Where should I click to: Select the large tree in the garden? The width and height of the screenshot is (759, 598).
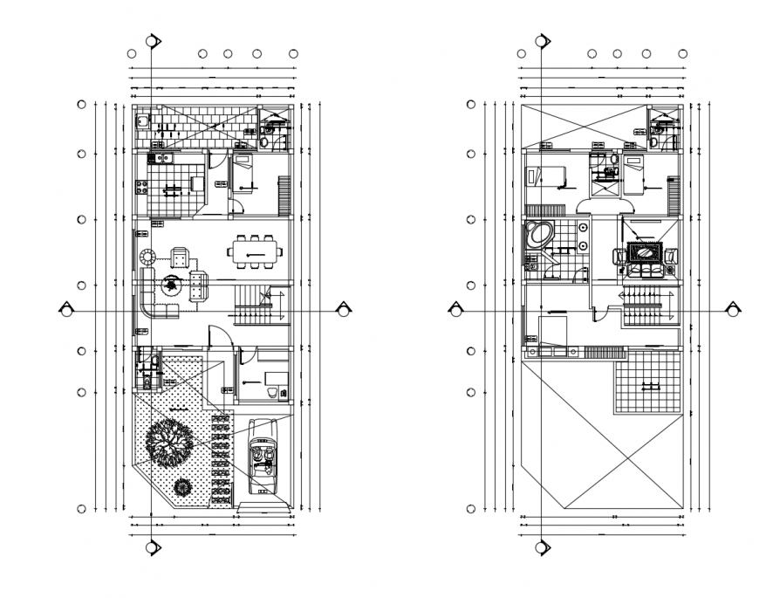click(169, 443)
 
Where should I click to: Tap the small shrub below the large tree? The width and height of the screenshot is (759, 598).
click(183, 486)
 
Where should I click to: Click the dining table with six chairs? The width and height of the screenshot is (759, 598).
click(256, 253)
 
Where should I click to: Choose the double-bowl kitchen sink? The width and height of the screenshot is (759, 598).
click(162, 158)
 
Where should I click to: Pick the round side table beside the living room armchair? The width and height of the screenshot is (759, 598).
click(147, 258)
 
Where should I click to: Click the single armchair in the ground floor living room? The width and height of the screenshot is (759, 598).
click(181, 258)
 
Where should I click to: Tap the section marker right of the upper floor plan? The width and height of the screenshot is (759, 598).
click(735, 309)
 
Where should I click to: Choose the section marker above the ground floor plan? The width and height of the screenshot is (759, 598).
click(153, 41)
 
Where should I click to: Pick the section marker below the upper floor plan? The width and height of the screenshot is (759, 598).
click(543, 547)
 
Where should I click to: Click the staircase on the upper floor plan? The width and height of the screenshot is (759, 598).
click(646, 309)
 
